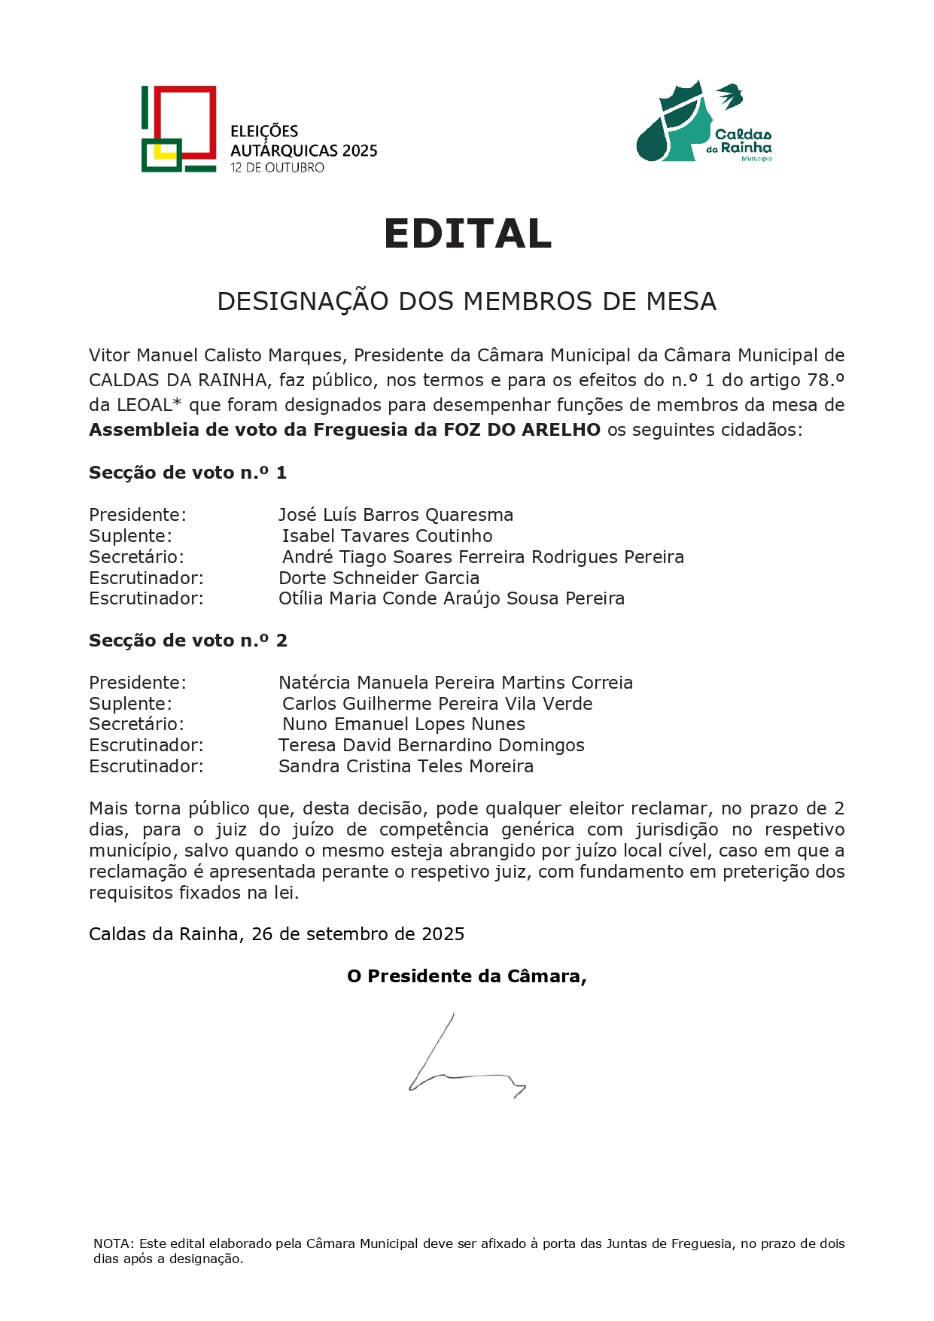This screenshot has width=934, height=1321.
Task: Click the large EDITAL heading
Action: (x=467, y=233)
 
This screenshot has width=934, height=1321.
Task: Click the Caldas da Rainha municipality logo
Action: (x=704, y=122)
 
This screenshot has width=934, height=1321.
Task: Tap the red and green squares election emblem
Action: (x=179, y=129)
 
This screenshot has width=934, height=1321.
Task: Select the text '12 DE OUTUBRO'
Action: (x=277, y=168)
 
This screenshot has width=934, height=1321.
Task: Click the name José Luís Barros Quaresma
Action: (x=395, y=515)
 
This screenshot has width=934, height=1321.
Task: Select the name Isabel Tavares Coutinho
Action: (x=387, y=536)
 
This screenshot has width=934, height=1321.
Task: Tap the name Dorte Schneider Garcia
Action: (x=379, y=578)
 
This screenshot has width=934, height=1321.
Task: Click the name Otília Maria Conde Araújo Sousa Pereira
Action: (x=451, y=598)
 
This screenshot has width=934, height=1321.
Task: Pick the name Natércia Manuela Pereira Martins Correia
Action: (x=455, y=683)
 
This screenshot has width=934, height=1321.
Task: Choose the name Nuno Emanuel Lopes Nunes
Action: (x=403, y=724)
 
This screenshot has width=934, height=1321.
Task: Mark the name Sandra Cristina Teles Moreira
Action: (x=406, y=766)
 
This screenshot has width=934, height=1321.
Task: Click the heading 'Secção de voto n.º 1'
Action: (x=187, y=473)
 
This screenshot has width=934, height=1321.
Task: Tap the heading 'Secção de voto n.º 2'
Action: (x=187, y=641)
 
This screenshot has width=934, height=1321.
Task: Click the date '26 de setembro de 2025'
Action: (x=357, y=934)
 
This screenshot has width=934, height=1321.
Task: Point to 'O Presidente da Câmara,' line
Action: (x=467, y=976)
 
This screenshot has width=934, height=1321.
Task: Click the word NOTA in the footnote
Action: (x=112, y=1243)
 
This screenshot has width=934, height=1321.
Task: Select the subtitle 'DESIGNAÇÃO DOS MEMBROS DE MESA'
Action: (x=467, y=302)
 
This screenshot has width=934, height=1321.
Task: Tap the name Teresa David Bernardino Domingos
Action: (x=431, y=745)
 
